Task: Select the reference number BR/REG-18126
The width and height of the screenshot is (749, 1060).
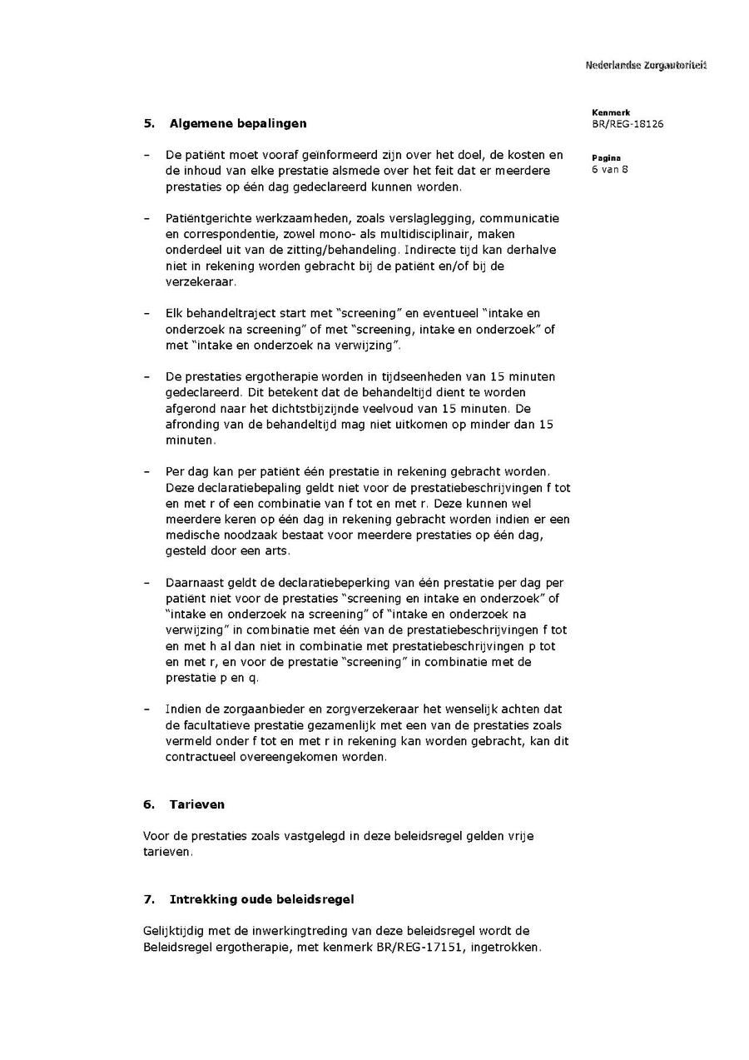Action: coord(627,125)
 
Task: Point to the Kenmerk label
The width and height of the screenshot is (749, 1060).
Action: coord(611,112)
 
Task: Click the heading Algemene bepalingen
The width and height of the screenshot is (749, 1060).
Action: coord(238,123)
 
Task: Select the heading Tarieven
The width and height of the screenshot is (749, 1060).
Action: coord(197,804)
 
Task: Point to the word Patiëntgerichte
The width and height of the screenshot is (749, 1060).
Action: coord(205,218)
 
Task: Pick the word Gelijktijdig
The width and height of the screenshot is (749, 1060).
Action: coord(174,931)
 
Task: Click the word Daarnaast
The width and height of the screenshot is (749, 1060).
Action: coord(194,583)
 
